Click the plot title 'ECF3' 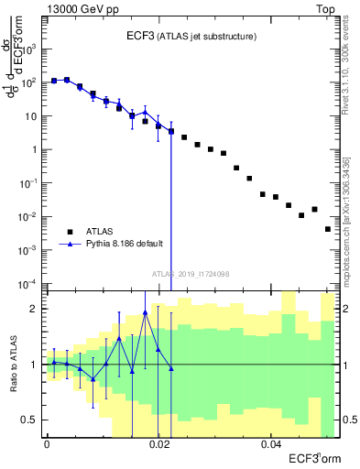tap(141, 36)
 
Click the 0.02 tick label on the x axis tap(158, 444)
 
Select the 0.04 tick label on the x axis tap(270, 444)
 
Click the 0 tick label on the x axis tap(47, 444)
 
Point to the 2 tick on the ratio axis tap(37, 309)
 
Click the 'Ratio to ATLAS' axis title tap(14, 364)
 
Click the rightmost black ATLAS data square tap(328, 229)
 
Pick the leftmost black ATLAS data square tap(54, 81)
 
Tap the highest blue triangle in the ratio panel tap(145, 313)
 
